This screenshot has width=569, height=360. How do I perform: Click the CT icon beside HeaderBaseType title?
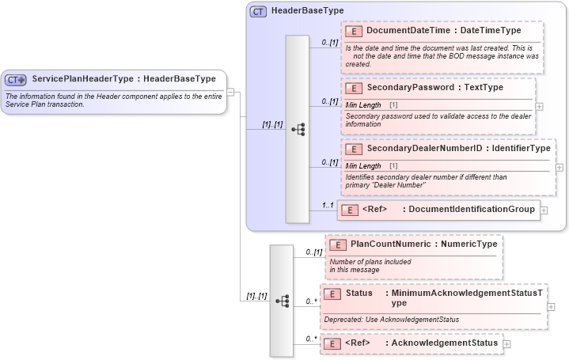click(258, 12)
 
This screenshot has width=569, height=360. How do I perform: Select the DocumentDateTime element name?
click(410, 31)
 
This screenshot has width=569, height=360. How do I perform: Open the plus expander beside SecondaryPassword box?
click(540, 105)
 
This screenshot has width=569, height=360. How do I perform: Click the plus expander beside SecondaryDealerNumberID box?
click(560, 167)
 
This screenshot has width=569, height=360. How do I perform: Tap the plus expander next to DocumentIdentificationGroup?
click(544, 210)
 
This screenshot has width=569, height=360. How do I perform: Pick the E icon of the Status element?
click(333, 294)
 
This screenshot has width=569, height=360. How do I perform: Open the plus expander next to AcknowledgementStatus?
click(507, 343)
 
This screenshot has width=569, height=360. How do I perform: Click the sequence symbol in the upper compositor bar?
click(298, 129)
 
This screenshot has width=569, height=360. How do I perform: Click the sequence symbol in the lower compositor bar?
click(282, 301)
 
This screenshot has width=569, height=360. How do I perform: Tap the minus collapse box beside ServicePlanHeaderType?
click(230, 91)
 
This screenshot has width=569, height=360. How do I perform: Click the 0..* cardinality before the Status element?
click(312, 301)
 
